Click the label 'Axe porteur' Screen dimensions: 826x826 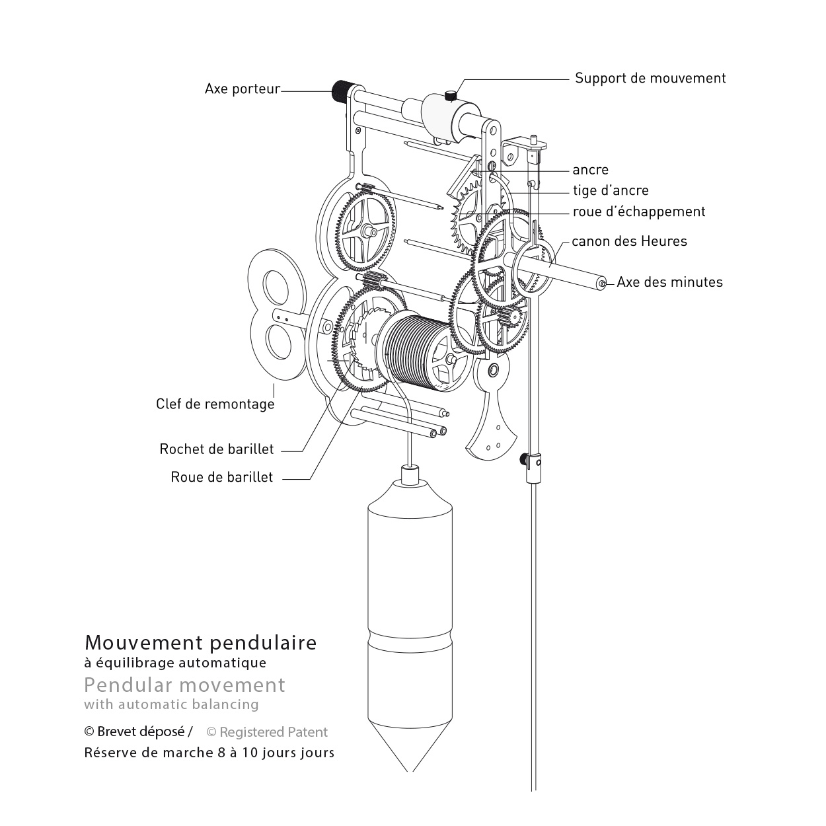(x=242, y=89)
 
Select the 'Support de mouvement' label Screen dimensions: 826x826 (x=650, y=78)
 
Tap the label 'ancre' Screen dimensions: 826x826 (x=590, y=170)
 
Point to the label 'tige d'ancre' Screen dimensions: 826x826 (x=611, y=190)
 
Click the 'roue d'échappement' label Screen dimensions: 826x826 (x=639, y=211)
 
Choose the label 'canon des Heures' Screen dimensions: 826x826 (x=629, y=241)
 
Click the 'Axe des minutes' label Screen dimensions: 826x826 (x=669, y=282)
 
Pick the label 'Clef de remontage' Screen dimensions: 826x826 (x=215, y=404)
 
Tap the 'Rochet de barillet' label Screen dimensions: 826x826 (x=216, y=449)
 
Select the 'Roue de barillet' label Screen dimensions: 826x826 (x=221, y=477)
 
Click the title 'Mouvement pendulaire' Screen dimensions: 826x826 (x=200, y=642)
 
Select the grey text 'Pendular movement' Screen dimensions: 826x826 (x=184, y=685)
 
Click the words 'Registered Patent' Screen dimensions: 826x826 (x=273, y=732)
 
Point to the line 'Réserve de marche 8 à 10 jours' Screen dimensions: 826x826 (x=209, y=753)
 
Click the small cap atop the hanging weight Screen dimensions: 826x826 (x=410, y=474)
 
